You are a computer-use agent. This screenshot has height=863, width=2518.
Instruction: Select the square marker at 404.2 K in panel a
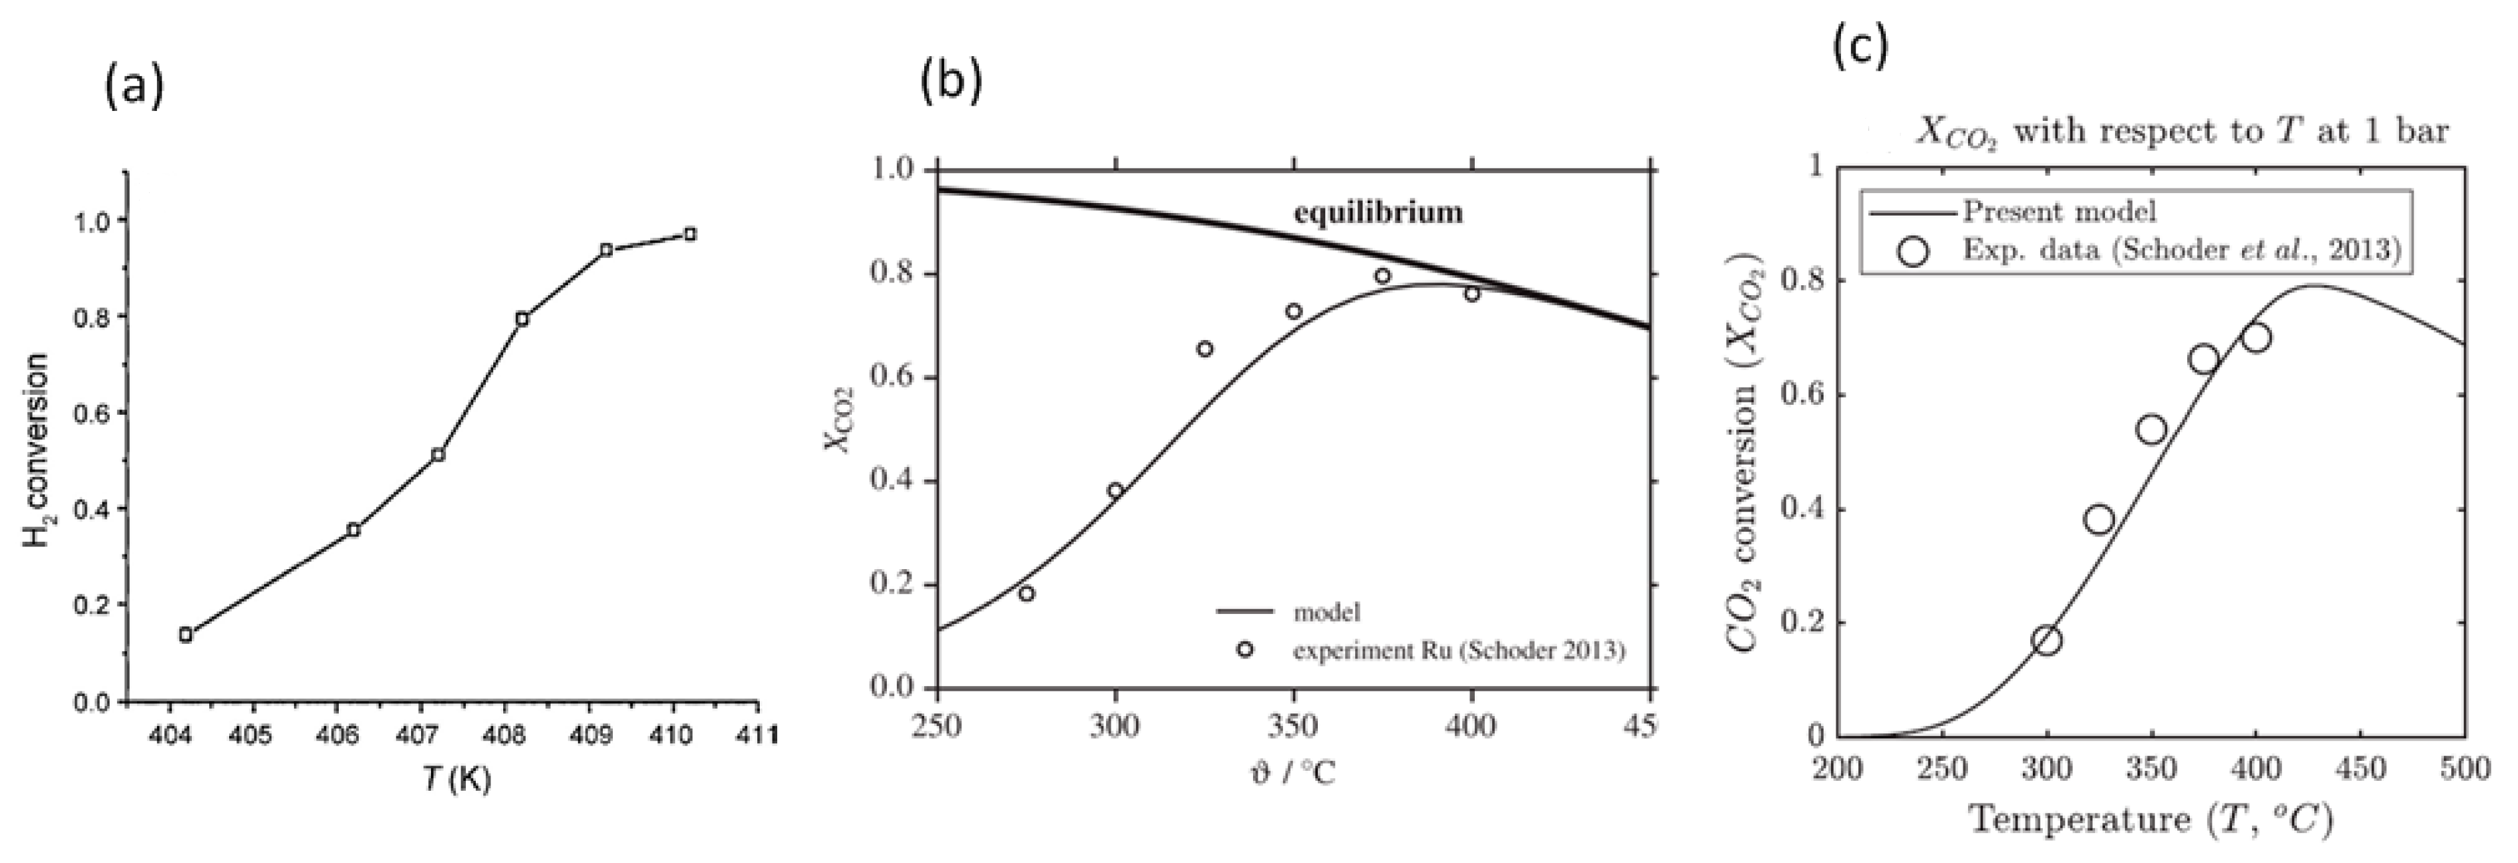[186, 635]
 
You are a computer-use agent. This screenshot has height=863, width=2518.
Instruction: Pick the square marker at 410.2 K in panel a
[690, 234]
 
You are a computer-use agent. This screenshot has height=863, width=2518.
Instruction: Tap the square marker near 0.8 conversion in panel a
[522, 319]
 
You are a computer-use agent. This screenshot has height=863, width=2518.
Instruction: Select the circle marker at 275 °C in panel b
[1026, 593]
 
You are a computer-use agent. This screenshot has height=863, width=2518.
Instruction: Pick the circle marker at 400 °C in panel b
[1472, 293]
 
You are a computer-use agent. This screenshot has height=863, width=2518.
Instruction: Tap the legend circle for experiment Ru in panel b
[1244, 649]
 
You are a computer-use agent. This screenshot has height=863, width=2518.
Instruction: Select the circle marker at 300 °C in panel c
[2047, 640]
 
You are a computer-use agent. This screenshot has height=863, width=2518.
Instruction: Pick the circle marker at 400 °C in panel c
[2256, 338]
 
